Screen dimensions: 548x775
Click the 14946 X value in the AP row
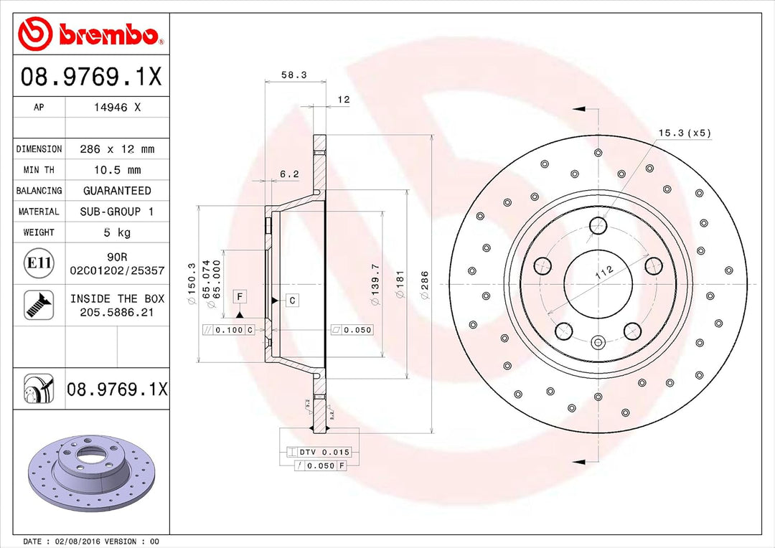tap(118, 108)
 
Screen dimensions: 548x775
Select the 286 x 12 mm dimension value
tap(118, 149)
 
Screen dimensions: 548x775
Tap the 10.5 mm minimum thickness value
tap(118, 170)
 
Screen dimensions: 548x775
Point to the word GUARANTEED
tap(118, 191)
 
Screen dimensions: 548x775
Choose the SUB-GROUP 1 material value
tap(118, 212)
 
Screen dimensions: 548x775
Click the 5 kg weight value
tap(118, 232)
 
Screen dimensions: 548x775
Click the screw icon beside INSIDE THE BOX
tap(38, 305)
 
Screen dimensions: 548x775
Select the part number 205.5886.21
tap(117, 312)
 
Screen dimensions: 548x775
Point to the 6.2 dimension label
tap(289, 174)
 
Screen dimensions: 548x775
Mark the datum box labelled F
tap(240, 296)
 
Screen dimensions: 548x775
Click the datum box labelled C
tap(293, 301)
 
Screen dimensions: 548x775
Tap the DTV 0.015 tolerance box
tap(319, 452)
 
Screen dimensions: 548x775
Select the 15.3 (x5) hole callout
tap(685, 133)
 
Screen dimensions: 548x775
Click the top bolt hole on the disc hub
tap(598, 226)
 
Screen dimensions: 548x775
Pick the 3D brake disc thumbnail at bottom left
tap(91, 474)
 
